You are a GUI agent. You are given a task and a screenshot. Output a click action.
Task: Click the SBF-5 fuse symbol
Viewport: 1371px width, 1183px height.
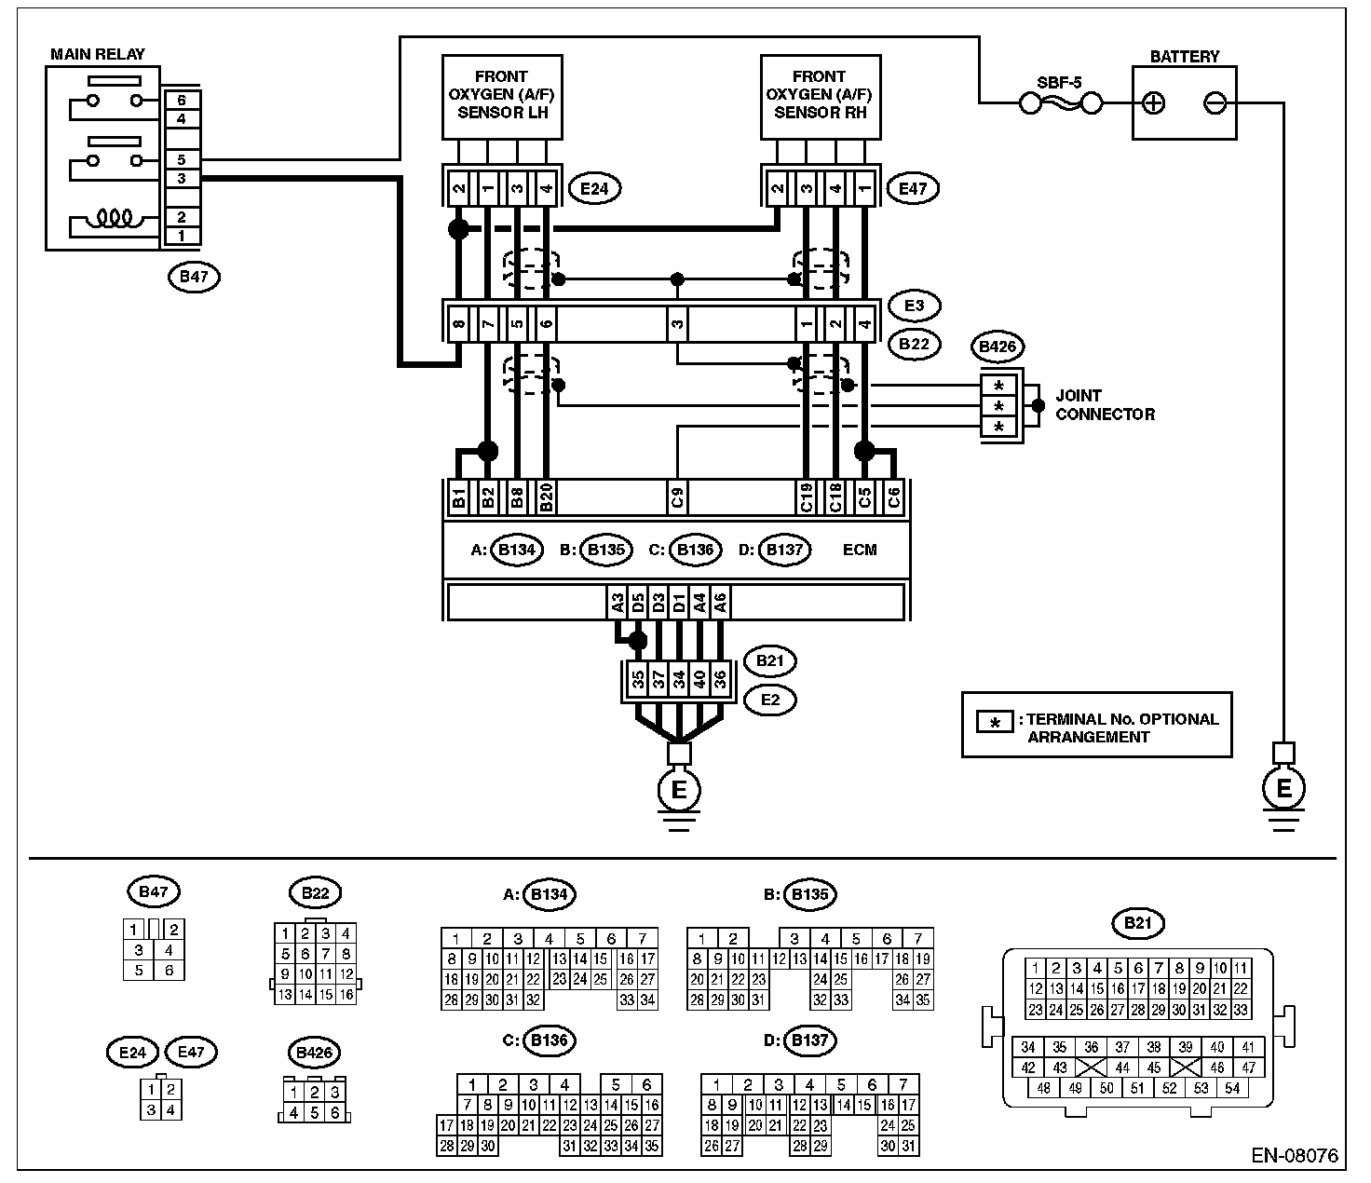(1059, 102)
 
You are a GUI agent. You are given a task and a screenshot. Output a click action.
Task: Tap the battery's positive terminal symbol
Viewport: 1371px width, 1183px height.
(1154, 102)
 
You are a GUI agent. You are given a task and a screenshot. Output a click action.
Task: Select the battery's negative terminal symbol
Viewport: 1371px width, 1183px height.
(1215, 102)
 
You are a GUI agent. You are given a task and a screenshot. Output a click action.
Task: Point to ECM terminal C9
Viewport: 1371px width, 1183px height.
(678, 497)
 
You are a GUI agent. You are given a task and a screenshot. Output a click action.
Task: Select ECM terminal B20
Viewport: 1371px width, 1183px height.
(547, 497)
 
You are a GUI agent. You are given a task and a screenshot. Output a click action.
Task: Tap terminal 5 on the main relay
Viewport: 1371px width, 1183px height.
(182, 160)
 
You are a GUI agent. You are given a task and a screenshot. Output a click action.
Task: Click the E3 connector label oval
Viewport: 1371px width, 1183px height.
(914, 306)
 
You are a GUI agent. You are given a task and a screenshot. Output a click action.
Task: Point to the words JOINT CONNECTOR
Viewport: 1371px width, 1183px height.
(1105, 405)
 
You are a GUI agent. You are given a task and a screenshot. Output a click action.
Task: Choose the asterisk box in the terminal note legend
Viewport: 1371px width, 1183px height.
(995, 722)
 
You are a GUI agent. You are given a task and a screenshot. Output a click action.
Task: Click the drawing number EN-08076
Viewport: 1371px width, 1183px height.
(1294, 1156)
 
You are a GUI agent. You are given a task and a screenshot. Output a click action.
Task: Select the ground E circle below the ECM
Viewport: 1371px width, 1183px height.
(679, 790)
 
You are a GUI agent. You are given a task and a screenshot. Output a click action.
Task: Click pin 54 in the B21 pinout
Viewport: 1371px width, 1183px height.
(1232, 1088)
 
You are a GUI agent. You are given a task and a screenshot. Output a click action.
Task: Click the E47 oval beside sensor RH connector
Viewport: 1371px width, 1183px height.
(913, 189)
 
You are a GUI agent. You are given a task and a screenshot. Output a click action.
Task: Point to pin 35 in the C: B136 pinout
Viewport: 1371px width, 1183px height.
(651, 1146)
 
